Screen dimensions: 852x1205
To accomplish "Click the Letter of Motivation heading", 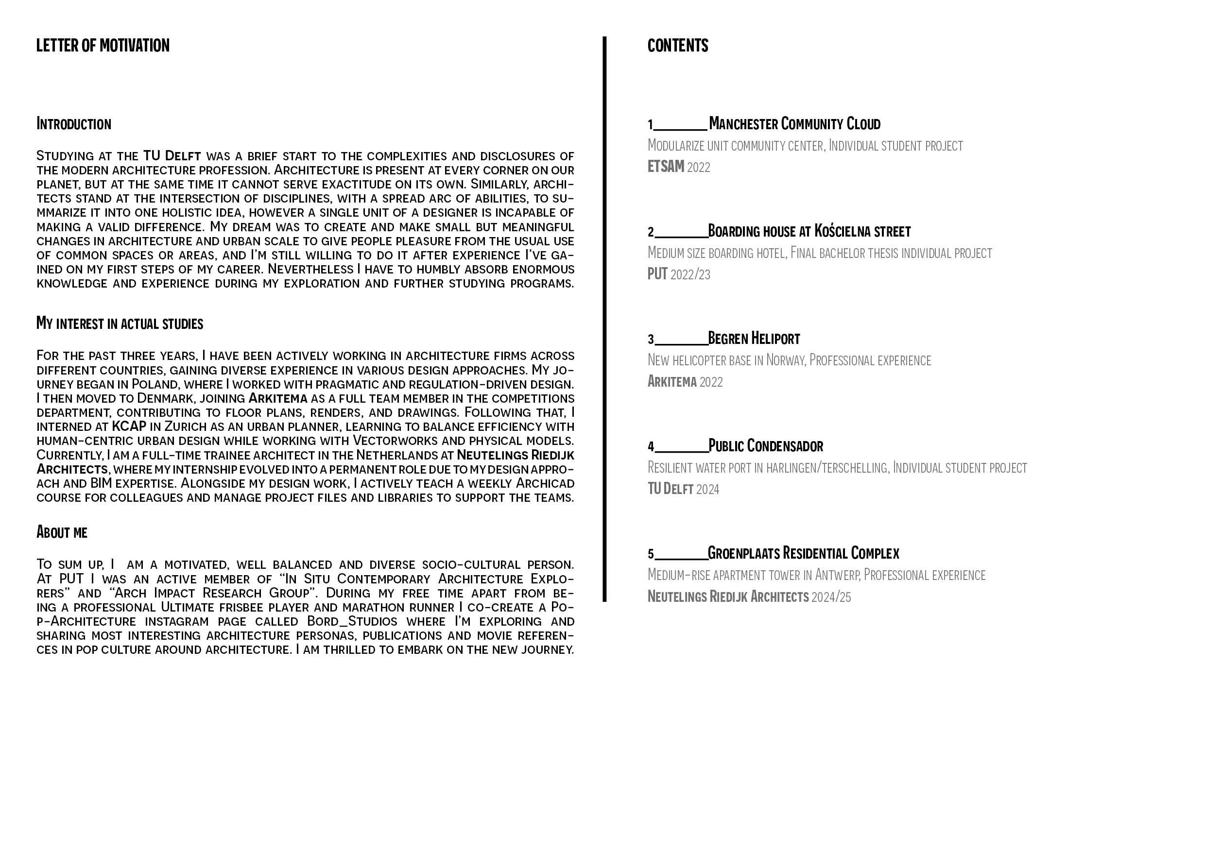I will click(x=103, y=46).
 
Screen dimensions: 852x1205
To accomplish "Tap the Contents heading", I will click(x=677, y=46).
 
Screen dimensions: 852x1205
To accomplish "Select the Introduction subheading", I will click(x=73, y=124).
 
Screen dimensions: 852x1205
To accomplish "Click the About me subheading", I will click(x=62, y=532).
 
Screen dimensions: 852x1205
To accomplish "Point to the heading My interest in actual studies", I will click(x=120, y=323).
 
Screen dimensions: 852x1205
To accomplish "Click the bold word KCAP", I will click(x=129, y=426).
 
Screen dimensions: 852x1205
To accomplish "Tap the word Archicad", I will click(x=545, y=483).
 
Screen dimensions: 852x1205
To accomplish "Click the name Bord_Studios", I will click(x=352, y=622).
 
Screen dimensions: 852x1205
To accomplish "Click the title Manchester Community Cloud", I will click(x=794, y=124).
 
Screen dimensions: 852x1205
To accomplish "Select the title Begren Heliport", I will click(x=754, y=339).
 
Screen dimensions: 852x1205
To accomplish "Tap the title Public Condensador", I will click(x=766, y=446).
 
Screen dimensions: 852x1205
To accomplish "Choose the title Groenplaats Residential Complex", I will click(x=804, y=553).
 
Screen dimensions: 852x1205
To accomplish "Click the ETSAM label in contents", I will click(x=666, y=167).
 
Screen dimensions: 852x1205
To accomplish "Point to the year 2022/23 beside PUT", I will click(x=690, y=274).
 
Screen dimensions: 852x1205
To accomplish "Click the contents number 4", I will click(x=651, y=447).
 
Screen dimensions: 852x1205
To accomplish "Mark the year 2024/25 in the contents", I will click(x=831, y=597).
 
